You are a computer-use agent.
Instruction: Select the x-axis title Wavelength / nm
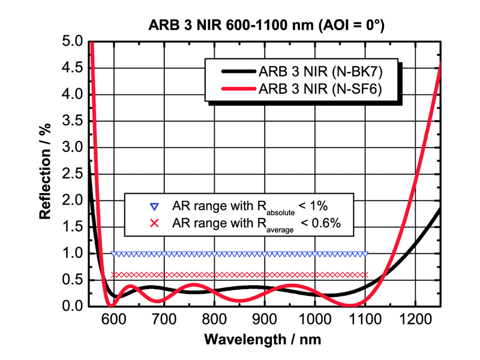pyautogui.click(x=262, y=340)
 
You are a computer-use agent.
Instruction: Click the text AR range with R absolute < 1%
pyautogui.click(x=249, y=207)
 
